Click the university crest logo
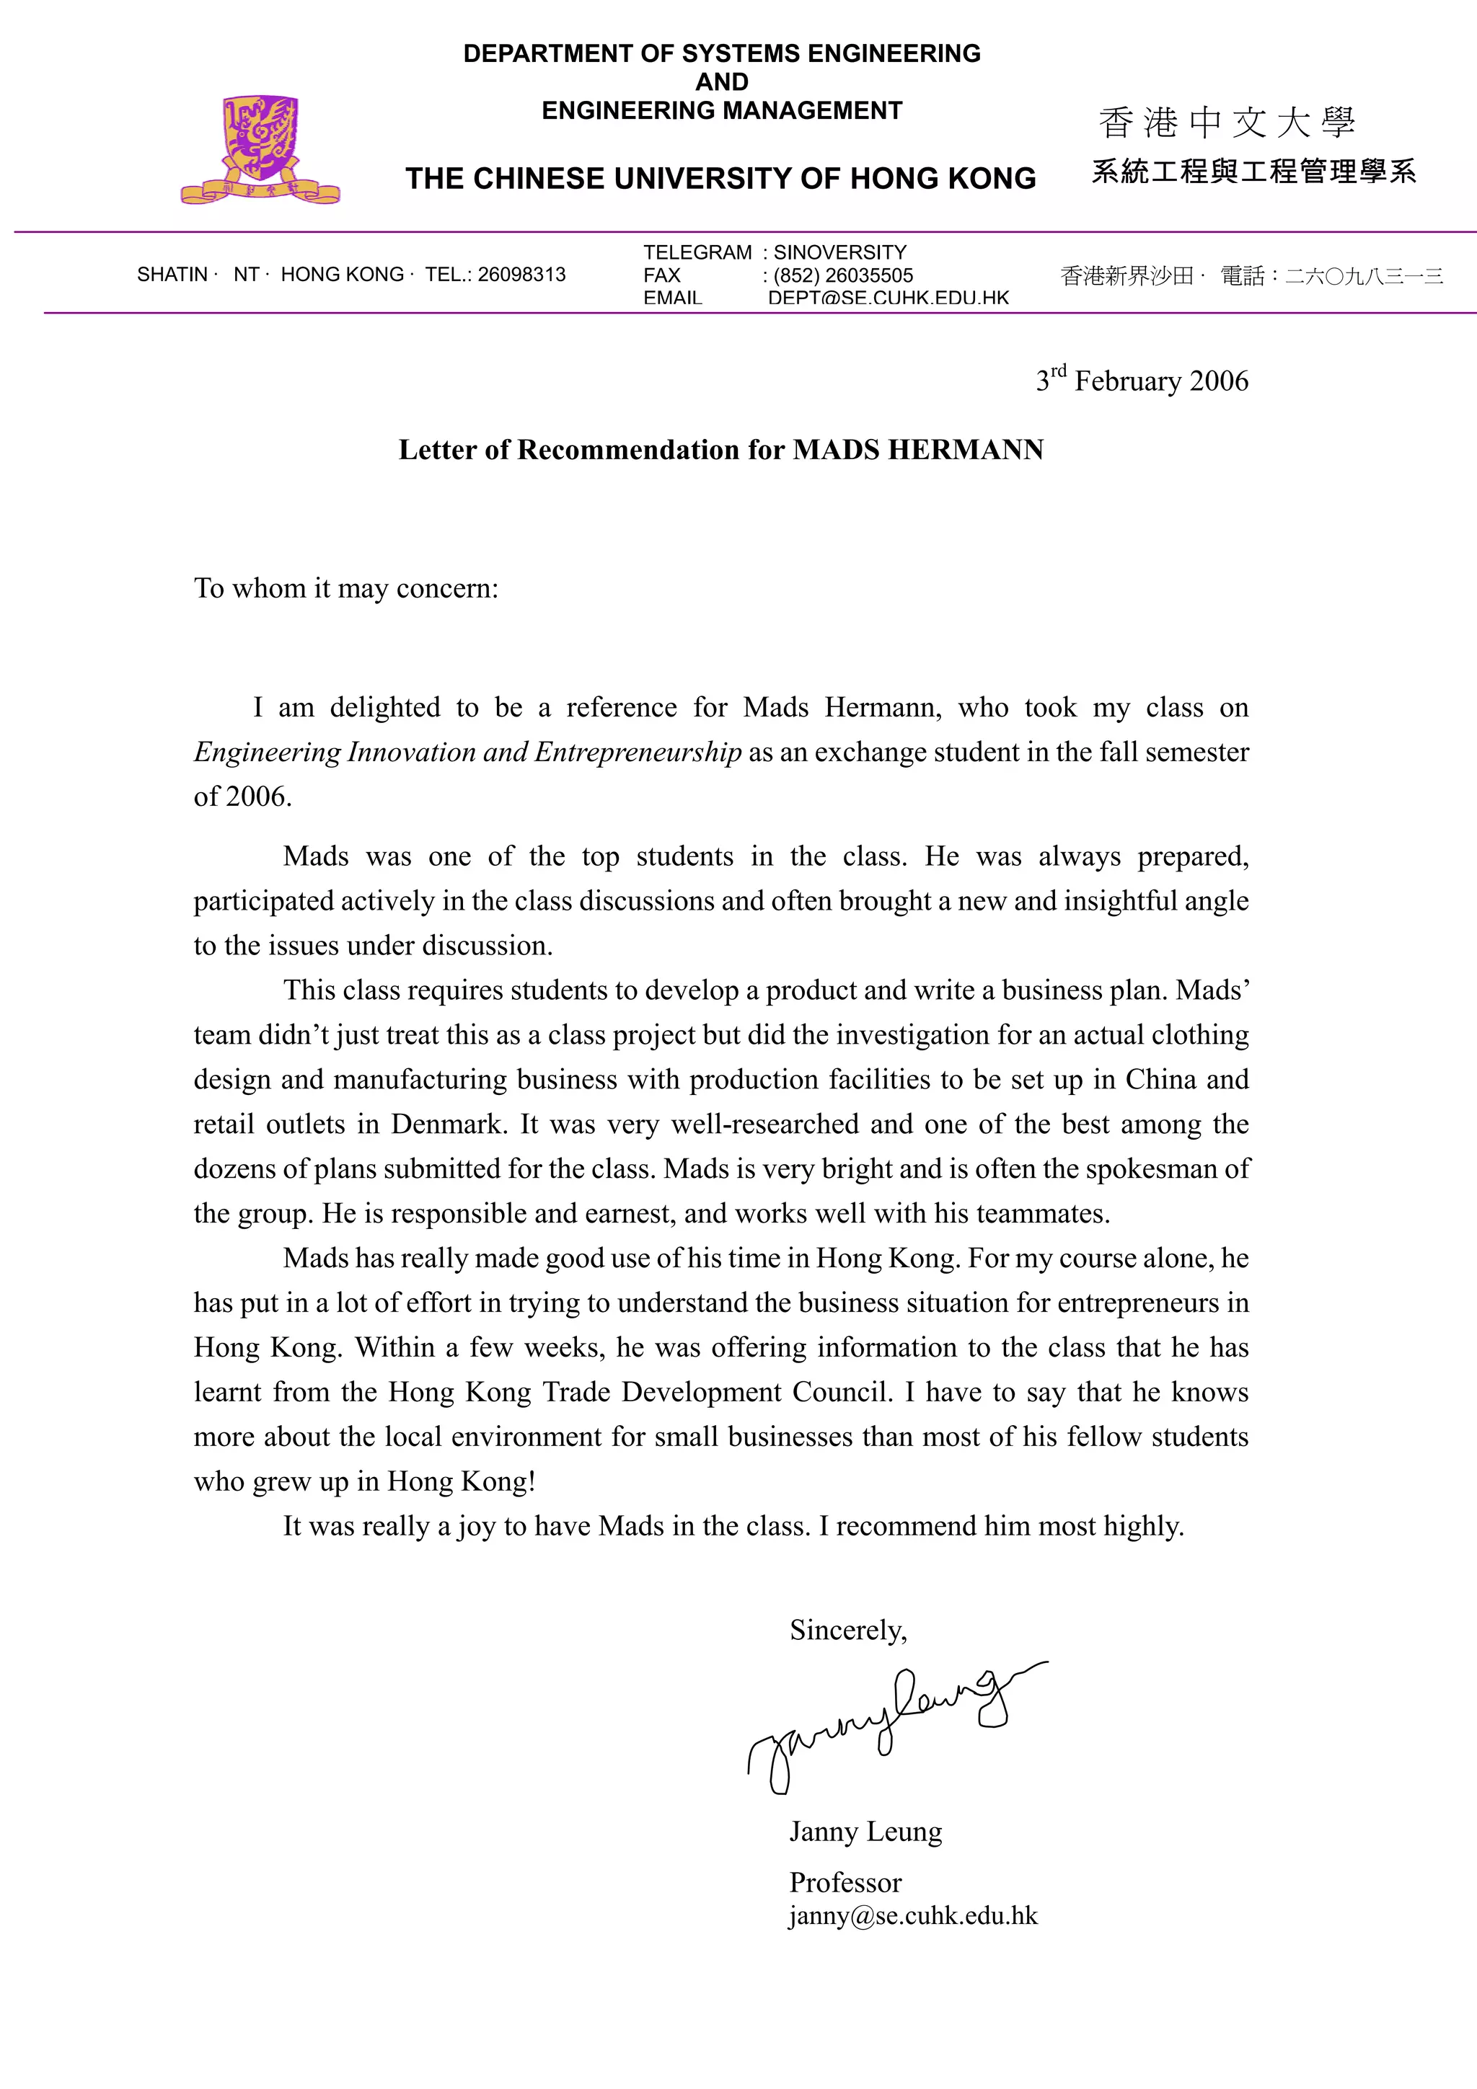coord(261,148)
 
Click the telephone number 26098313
coord(521,275)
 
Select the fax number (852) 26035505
coord(842,275)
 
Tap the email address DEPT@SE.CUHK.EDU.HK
coord(889,298)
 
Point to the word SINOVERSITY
coord(840,253)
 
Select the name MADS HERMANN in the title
coord(918,450)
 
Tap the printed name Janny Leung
coord(865,1831)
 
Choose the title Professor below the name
coord(845,1881)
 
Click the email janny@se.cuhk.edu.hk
coord(913,1915)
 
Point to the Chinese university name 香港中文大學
coord(1227,123)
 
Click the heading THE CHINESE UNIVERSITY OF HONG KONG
coord(720,178)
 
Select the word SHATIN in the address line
coord(172,275)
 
